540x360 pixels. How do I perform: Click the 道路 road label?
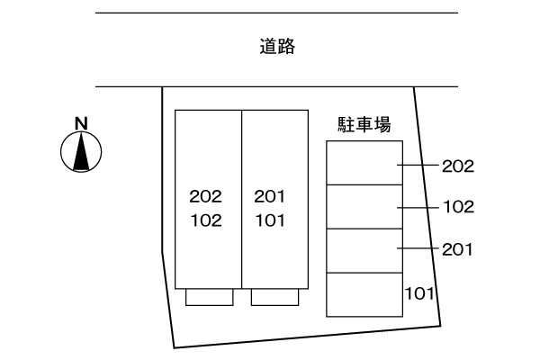coord(277,47)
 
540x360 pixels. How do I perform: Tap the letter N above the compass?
coord(81,123)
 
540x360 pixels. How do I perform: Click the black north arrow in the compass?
coord(81,152)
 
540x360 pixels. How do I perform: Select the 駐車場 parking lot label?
coord(364,124)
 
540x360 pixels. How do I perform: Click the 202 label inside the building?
coord(205,196)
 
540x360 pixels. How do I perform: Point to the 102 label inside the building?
coord(206,220)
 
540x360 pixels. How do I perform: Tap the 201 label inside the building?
coord(270,196)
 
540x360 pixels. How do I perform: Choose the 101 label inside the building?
coord(270,220)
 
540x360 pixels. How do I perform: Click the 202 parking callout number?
coord(458,166)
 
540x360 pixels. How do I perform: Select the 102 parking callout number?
coord(459,207)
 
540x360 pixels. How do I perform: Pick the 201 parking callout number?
coord(457,249)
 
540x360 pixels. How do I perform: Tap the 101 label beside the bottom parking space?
coord(419,293)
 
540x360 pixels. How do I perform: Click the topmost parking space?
coord(364,163)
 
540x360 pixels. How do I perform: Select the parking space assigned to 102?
coord(364,207)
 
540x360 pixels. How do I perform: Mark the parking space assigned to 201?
coord(364,251)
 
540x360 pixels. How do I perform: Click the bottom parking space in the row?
coord(364,294)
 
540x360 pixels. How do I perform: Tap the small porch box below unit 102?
coord(210,297)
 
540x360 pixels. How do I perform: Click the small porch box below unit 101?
coord(274,297)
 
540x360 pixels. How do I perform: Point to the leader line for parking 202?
coord(418,165)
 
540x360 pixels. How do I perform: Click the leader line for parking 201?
coord(418,248)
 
